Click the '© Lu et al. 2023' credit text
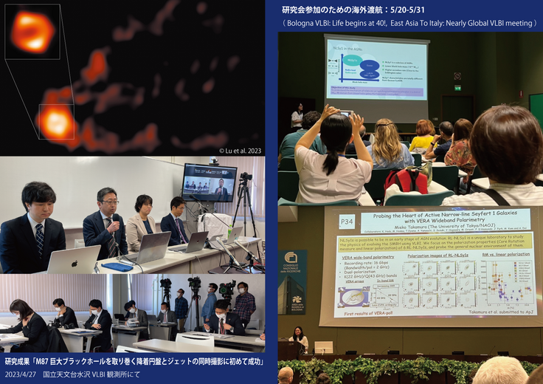[x=235, y=151]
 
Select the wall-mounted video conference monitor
[x=210, y=182]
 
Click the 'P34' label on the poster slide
[x=345, y=219]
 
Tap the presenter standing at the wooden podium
[x=300, y=337]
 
